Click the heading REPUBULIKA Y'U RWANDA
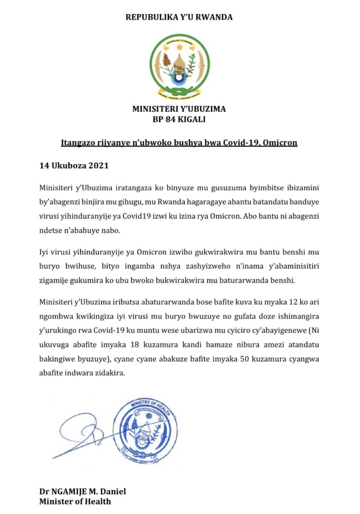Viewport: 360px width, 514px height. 179,17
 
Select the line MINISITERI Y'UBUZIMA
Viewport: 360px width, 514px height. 179,109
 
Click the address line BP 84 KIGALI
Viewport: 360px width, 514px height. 179,119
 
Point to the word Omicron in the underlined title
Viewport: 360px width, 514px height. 281,142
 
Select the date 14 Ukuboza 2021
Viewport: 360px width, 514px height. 74,166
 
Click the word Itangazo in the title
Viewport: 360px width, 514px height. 76,142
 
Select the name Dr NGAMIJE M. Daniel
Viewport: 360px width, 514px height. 83,492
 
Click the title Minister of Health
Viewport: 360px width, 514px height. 75,501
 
